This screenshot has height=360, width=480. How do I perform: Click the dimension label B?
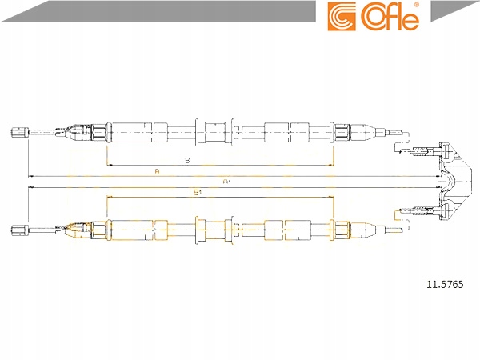186,160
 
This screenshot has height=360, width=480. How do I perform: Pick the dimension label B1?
197,192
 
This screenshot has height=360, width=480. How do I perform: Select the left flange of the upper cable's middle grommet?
197,128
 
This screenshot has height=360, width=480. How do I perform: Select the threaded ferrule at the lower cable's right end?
340,229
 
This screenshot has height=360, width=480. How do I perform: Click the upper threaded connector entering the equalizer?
422,150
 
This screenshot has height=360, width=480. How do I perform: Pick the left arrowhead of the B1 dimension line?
108,197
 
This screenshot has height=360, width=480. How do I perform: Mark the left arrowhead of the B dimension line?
108,165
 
